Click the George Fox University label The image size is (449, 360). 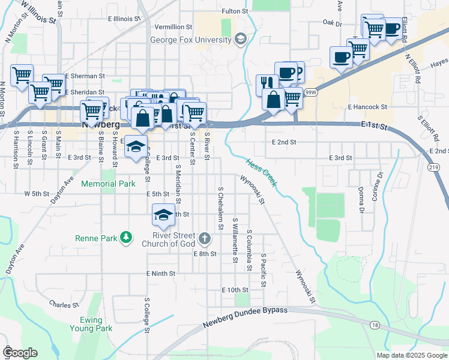pyautogui.click(x=191, y=40)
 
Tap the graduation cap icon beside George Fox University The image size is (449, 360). pyautogui.click(x=241, y=40)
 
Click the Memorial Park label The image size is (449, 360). pyautogui.click(x=108, y=184)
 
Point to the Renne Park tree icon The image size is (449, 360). pyautogui.click(x=125, y=238)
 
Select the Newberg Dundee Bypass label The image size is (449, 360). pyautogui.click(x=246, y=317)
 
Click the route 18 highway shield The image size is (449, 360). pyautogui.click(x=375, y=325)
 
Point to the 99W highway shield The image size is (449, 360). pyautogui.click(x=310, y=92)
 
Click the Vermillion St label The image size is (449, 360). pyautogui.click(x=173, y=28)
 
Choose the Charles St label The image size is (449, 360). pyautogui.click(x=61, y=304)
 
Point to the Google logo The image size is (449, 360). pyautogui.click(x=20, y=353)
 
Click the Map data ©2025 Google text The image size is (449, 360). pyautogui.click(x=411, y=355)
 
